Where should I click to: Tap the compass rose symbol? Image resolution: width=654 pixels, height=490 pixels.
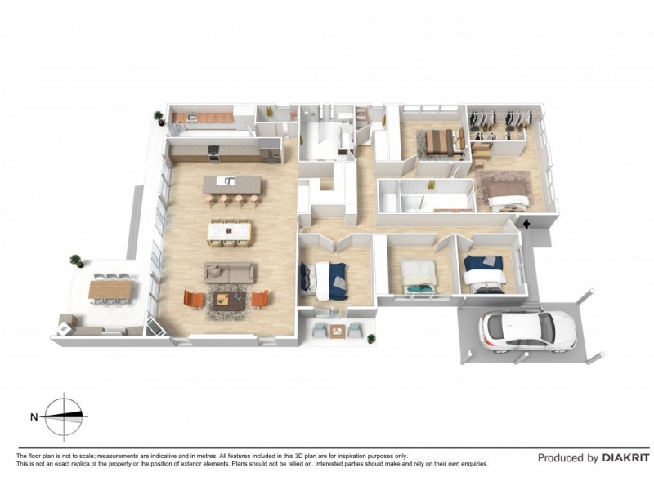64,416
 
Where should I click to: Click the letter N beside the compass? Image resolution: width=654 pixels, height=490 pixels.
34,416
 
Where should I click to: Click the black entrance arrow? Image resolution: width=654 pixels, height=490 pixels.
527,223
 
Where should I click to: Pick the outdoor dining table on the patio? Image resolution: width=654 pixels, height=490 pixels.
110,288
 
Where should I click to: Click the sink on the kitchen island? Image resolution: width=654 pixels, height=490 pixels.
231,181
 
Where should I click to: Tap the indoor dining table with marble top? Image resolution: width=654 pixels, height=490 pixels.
231,231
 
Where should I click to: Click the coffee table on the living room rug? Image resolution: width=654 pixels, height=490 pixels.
227,300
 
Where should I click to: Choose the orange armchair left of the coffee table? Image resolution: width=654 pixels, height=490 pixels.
193,300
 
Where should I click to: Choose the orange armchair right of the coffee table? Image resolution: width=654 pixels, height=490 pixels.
259,299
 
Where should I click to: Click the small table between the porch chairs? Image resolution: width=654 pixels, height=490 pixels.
336,331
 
